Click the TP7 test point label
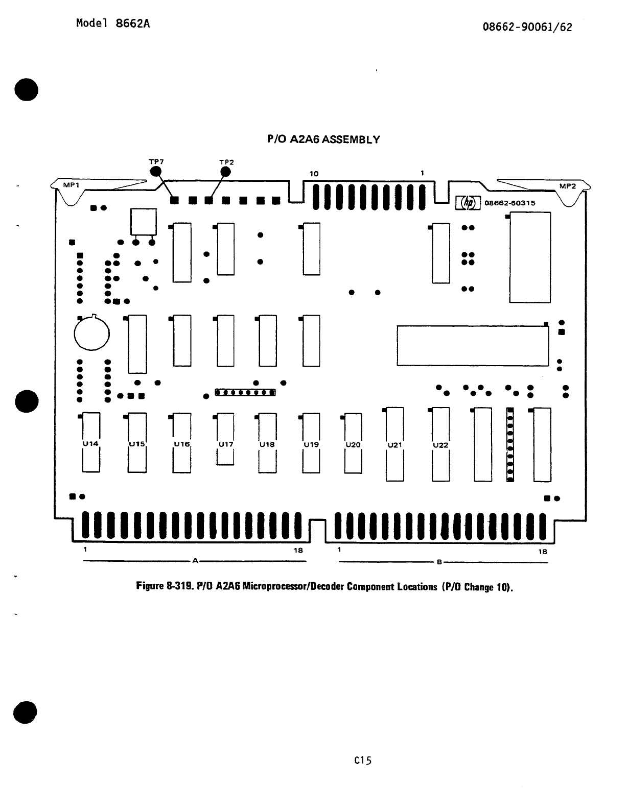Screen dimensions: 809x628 [x=156, y=161]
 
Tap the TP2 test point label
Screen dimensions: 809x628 [x=226, y=162]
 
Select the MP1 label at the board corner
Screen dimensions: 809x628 [x=71, y=186]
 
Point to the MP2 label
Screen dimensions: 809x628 [x=567, y=186]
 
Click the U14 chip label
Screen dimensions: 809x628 [x=90, y=444]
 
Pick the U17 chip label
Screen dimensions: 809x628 [x=225, y=444]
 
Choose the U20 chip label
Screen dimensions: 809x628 [x=353, y=445]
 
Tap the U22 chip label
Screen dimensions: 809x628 [x=440, y=445]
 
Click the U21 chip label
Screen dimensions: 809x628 [x=395, y=445]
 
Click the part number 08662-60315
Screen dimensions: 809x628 [x=509, y=203]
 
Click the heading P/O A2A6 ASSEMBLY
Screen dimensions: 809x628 [x=324, y=139]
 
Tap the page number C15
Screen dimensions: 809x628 [x=363, y=760]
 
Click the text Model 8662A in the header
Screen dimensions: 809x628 [x=113, y=24]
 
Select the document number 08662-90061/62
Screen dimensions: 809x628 [x=527, y=27]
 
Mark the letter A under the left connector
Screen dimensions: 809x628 [x=195, y=561]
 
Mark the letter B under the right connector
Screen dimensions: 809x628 [x=438, y=562]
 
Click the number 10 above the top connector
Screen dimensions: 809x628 [x=314, y=174]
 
